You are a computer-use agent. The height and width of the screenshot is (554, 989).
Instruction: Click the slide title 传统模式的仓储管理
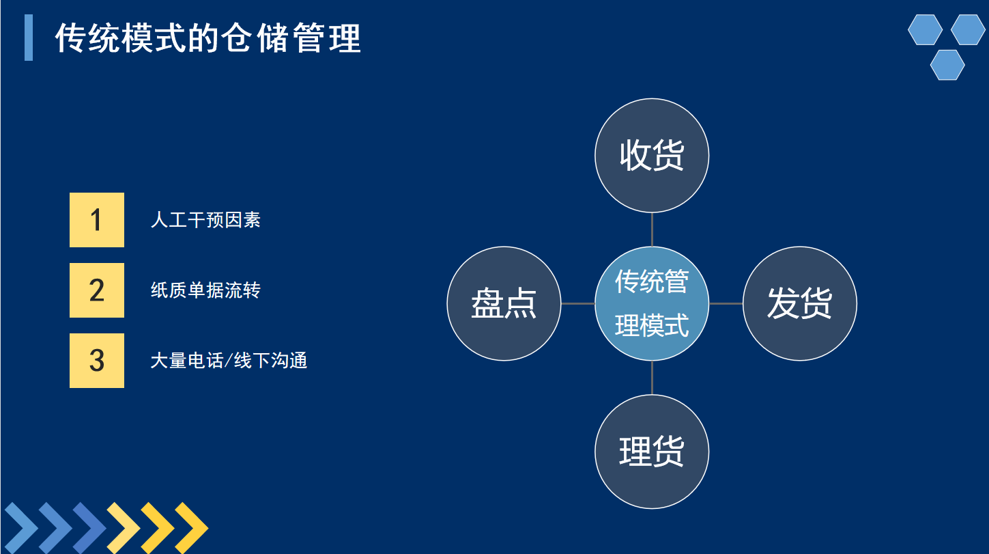click(208, 38)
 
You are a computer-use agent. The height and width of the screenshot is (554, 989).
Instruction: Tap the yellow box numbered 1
click(97, 219)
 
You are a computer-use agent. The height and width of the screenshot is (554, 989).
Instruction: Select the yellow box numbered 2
click(97, 290)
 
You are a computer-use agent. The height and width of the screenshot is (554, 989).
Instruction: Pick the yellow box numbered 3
click(97, 361)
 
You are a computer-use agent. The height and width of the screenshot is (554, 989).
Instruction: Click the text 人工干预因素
click(205, 219)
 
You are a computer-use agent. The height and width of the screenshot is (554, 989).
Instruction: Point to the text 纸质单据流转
click(205, 290)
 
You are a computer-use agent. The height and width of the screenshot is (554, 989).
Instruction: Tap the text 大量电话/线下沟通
click(229, 361)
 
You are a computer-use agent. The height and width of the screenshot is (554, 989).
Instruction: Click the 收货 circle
click(652, 156)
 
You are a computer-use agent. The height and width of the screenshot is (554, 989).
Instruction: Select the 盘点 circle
click(504, 303)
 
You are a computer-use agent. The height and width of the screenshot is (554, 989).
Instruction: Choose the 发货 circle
click(799, 303)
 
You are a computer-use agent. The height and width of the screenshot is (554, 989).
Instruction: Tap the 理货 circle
click(652, 452)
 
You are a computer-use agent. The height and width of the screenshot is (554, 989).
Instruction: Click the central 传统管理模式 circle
click(652, 303)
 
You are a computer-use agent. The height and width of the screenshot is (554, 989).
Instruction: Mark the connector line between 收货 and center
click(652, 230)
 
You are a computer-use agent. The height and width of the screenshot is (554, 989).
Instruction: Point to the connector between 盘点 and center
click(578, 303)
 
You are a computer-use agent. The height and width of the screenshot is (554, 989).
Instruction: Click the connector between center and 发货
click(726, 303)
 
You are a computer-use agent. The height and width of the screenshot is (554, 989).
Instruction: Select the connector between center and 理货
click(652, 378)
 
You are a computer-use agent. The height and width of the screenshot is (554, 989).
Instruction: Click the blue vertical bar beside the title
click(29, 38)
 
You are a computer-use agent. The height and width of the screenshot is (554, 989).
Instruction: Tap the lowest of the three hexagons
click(947, 65)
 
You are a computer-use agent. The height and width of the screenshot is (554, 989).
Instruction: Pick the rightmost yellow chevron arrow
click(191, 528)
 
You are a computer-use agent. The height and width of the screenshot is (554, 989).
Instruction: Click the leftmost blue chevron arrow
click(21, 528)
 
